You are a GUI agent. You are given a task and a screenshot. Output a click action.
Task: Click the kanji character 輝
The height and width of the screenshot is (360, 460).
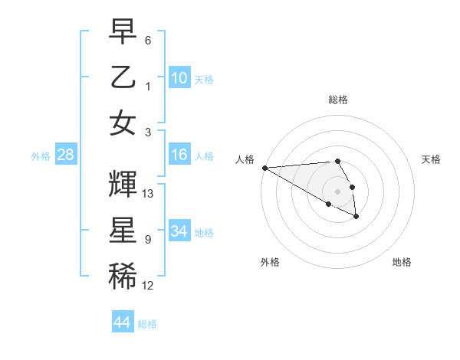coord(123,184)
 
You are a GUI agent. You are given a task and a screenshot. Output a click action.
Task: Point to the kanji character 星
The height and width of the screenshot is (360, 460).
coord(123,229)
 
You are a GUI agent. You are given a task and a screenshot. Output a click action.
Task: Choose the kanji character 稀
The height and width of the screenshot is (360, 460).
coord(123,273)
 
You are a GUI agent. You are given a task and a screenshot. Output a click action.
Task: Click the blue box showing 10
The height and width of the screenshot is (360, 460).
coord(179,77)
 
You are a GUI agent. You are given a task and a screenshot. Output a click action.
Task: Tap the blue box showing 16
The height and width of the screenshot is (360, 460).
coord(179,155)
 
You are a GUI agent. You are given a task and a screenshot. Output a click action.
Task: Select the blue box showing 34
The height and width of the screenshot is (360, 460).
coord(179,231)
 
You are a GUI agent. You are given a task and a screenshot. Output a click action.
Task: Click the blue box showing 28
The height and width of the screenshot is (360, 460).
coord(66,155)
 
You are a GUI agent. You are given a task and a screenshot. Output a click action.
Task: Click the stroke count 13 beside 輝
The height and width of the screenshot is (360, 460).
coord(149,194)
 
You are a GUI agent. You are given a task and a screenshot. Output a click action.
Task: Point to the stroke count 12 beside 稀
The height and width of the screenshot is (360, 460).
coord(148,286)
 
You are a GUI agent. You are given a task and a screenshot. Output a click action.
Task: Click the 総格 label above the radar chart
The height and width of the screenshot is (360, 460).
coord(337,100)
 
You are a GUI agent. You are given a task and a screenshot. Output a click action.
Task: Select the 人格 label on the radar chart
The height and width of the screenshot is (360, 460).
coord(245,159)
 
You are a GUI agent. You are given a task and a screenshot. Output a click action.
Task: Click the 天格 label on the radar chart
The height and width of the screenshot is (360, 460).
coord(432,159)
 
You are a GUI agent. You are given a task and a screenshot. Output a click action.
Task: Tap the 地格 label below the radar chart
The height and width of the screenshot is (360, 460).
coord(402,263)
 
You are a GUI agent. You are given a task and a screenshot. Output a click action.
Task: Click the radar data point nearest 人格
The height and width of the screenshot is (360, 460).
coord(264,168)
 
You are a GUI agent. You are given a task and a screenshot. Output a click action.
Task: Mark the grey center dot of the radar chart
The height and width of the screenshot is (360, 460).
coord(337,191)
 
